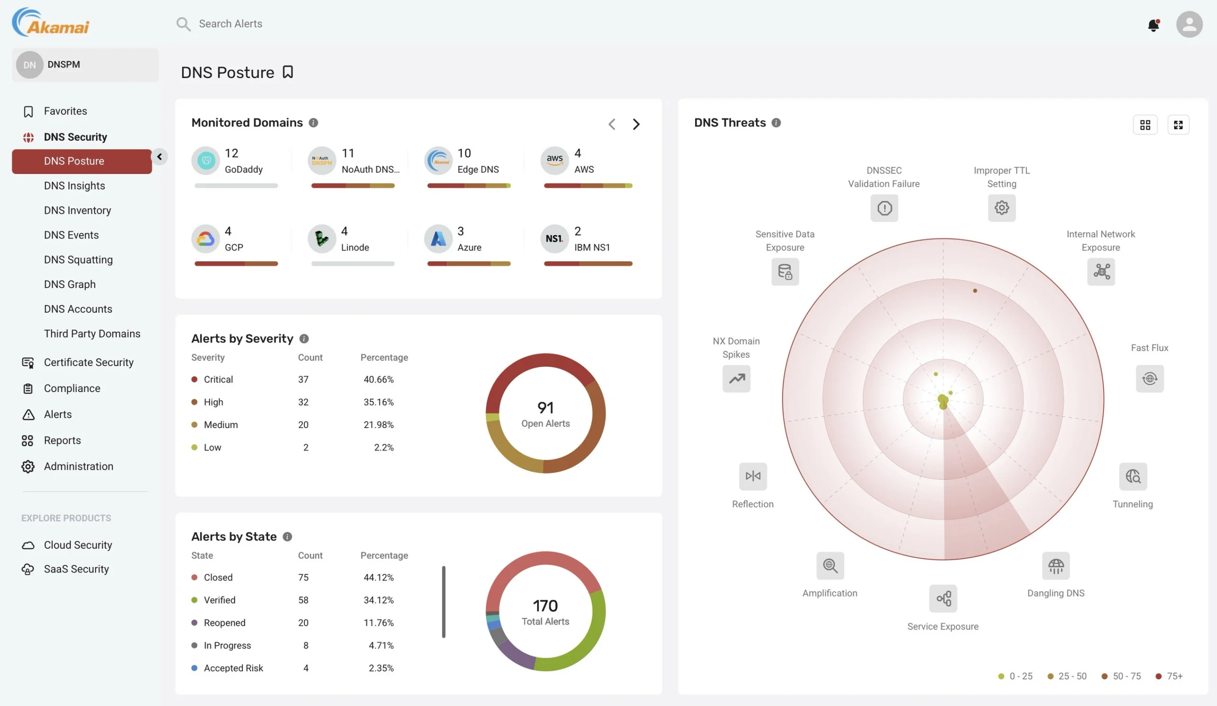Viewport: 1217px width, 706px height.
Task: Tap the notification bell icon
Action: click(1153, 25)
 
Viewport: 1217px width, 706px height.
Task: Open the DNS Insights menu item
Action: click(74, 186)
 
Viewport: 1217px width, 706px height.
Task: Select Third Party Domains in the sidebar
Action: click(92, 334)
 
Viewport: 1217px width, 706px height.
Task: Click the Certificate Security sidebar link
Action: click(88, 363)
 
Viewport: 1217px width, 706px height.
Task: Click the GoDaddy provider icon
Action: click(206, 161)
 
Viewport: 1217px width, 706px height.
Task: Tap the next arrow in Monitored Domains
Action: click(636, 124)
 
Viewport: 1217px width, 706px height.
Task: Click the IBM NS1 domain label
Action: click(591, 247)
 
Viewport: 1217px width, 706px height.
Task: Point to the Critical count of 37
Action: click(303, 379)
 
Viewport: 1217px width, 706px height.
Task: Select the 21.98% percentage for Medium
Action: click(378, 425)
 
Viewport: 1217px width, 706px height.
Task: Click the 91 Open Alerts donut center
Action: click(545, 413)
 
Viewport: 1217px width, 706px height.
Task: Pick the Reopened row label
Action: click(224, 622)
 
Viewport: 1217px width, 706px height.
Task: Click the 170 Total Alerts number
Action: click(545, 606)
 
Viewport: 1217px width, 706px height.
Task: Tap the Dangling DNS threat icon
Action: click(1056, 565)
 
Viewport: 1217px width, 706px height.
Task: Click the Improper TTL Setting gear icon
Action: click(1002, 208)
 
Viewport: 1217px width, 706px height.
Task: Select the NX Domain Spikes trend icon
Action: click(736, 379)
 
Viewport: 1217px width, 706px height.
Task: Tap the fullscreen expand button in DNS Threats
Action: click(1178, 125)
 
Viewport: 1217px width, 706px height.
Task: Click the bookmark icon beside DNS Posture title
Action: click(288, 72)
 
